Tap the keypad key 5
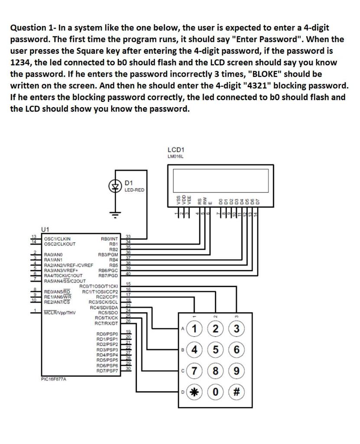(216, 349)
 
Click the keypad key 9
(236, 372)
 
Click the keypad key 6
(236, 349)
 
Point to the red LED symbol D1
(115, 187)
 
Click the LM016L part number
(174, 157)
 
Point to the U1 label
(45, 229)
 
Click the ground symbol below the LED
(115, 215)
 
